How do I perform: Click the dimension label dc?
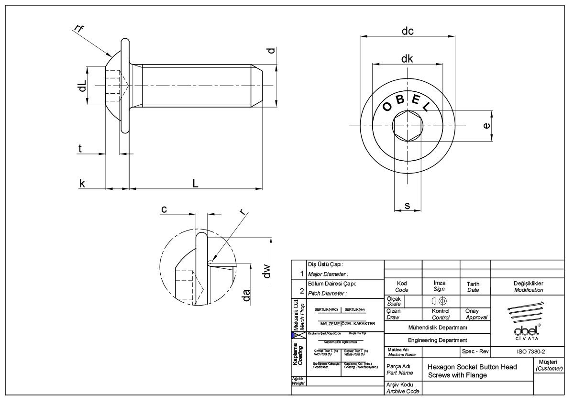pos(407,32)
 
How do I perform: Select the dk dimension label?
pos(407,59)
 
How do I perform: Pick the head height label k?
pos(82,183)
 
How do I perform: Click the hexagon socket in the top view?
pos(407,126)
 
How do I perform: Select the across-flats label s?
pos(407,206)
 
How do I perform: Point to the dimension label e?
pos(486,126)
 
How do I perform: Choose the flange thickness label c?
pos(164,209)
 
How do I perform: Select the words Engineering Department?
pos(437,340)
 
